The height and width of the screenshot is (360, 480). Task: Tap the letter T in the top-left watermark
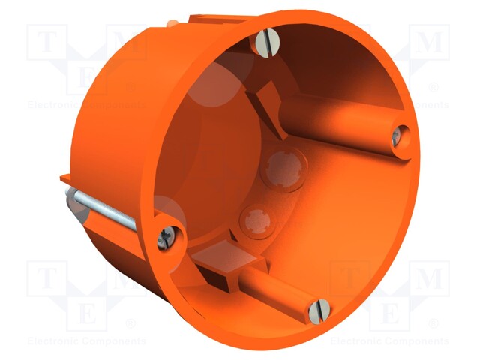47,42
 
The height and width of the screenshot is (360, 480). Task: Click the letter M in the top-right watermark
430,42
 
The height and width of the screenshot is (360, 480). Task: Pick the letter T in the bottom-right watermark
351,279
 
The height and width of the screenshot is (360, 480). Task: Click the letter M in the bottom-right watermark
429,279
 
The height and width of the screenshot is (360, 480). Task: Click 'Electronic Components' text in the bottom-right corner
389,341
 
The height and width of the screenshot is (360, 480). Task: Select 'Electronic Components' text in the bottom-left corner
85,341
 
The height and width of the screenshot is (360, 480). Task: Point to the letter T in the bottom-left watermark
47,279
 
